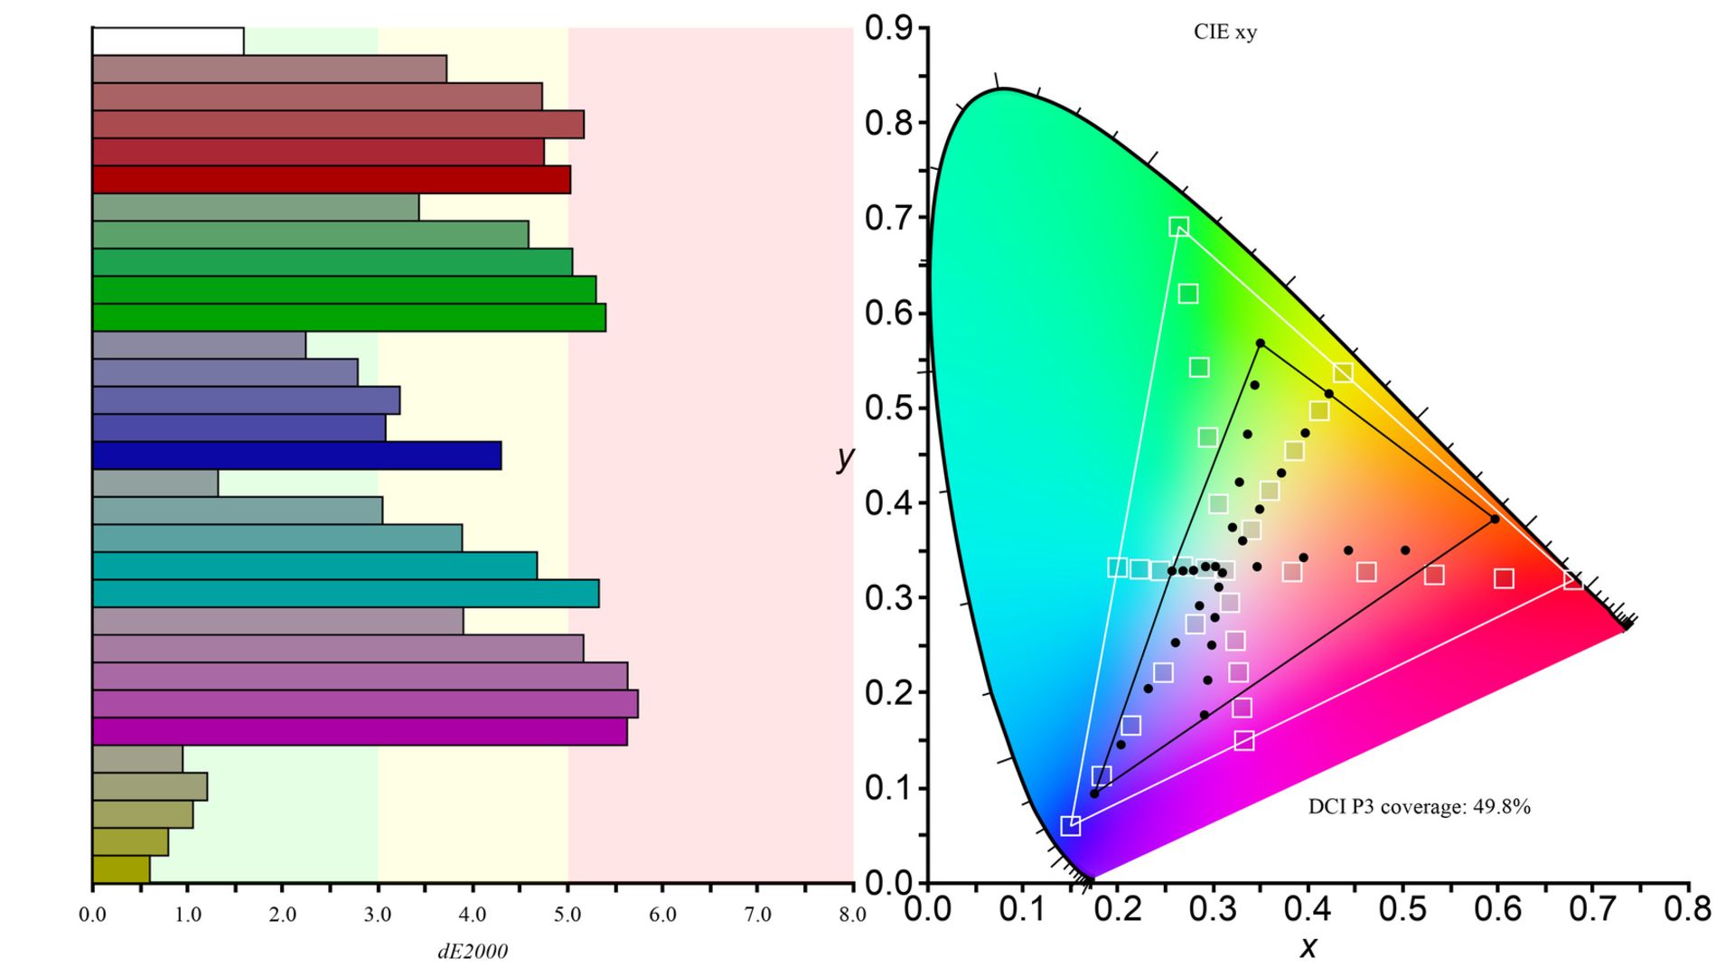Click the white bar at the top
click(x=168, y=42)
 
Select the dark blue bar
click(x=296, y=455)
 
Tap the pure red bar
click(x=331, y=180)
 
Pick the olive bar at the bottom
click(x=121, y=869)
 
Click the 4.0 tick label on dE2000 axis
click(x=473, y=915)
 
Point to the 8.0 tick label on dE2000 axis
click(x=852, y=915)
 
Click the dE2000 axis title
click(x=473, y=951)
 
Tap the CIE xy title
click(x=1225, y=33)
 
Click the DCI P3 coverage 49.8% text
click(x=1419, y=807)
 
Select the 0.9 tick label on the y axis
click(x=887, y=28)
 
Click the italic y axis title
click(x=845, y=457)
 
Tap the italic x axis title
click(x=1308, y=947)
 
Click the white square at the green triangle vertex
click(x=1178, y=227)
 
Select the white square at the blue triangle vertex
click(x=1070, y=826)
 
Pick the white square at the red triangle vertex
click(x=1572, y=580)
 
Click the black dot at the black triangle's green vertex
click(x=1261, y=343)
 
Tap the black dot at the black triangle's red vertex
click(x=1495, y=520)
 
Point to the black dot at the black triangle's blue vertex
click(x=1094, y=793)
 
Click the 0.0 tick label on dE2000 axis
click(x=92, y=915)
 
